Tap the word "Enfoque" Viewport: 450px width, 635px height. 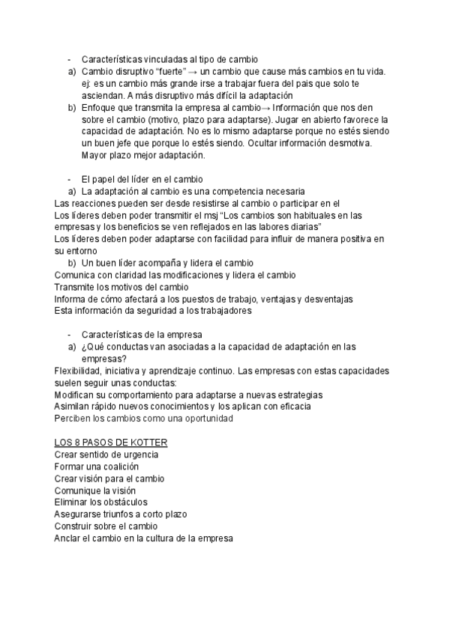click(x=100, y=107)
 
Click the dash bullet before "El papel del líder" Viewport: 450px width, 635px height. click(x=70, y=179)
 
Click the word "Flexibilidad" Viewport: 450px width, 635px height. click(x=80, y=371)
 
